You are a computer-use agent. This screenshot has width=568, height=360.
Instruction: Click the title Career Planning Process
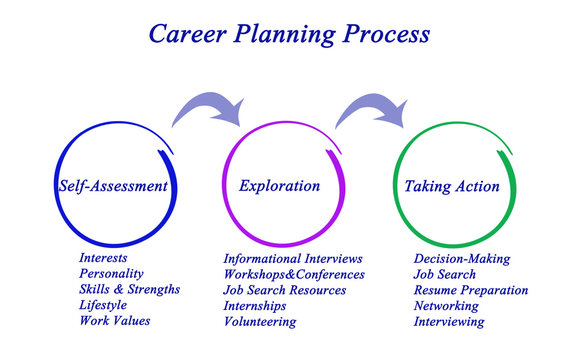tap(289, 34)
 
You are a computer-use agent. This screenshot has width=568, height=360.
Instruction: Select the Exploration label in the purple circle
tap(279, 185)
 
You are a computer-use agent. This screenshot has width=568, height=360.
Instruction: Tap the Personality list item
tap(111, 273)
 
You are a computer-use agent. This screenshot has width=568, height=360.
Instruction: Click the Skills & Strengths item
tap(129, 289)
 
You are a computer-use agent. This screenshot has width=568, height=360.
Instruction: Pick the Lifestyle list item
tap(103, 305)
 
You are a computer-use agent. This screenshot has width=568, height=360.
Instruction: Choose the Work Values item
tap(114, 321)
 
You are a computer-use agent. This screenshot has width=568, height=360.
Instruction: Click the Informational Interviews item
tap(293, 258)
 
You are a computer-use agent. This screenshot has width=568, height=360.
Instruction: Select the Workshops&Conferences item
tap(294, 274)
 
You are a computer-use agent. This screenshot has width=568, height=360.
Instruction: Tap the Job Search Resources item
tap(285, 290)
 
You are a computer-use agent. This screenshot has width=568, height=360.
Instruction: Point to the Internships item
tap(255, 306)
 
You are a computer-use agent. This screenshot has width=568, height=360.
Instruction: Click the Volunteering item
tap(260, 322)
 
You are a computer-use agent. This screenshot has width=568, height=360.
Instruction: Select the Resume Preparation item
tap(471, 290)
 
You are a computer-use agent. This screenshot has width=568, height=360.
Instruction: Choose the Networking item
tap(447, 306)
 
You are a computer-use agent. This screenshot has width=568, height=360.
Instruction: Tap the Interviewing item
tap(449, 322)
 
